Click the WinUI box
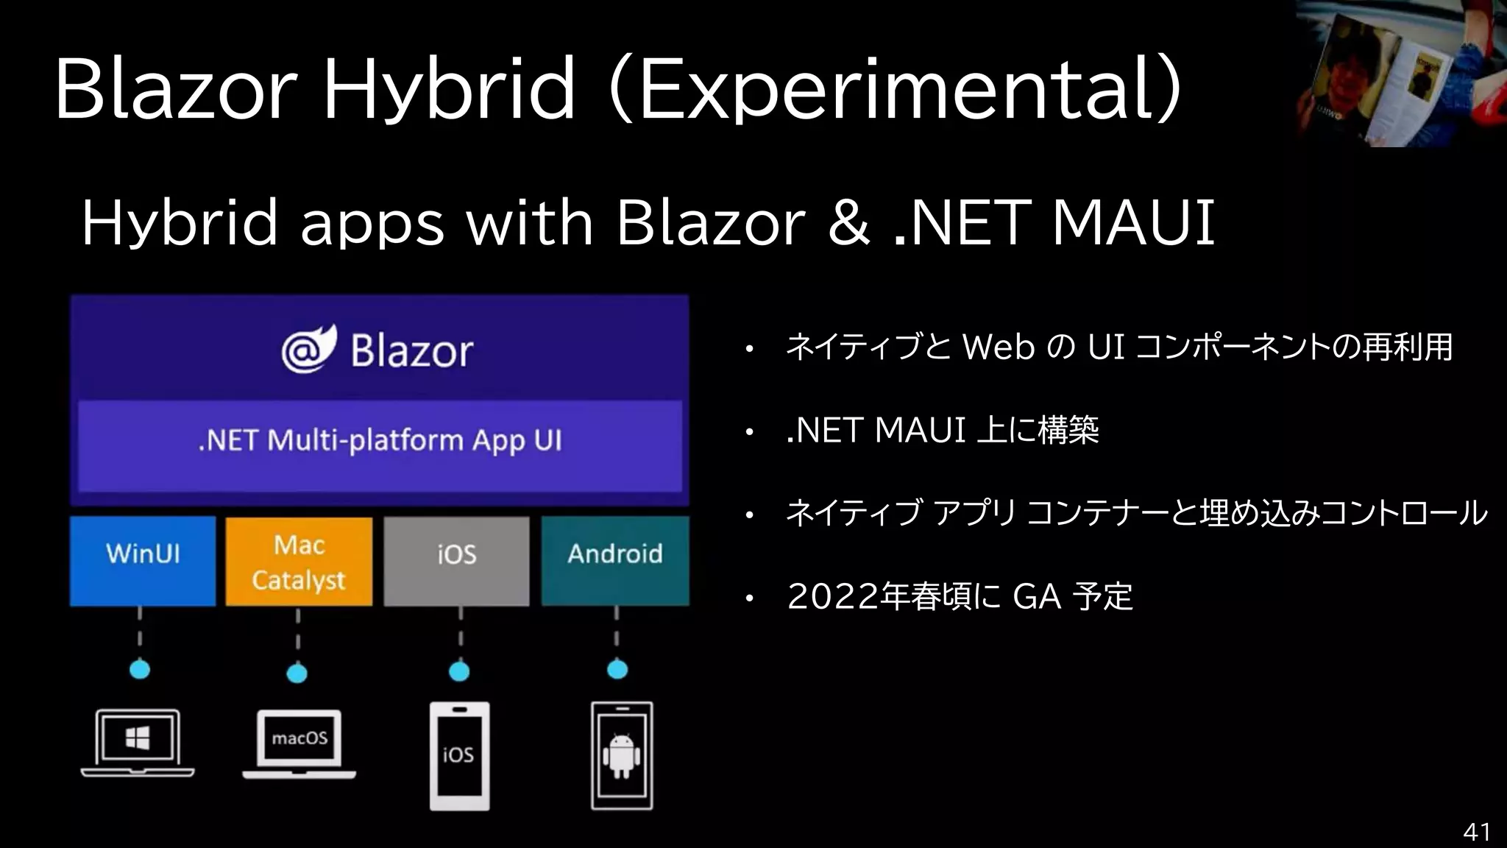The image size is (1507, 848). (x=143, y=561)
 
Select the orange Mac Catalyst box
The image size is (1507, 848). (x=299, y=562)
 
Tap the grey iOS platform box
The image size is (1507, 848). (x=456, y=561)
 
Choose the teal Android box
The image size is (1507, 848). (x=615, y=561)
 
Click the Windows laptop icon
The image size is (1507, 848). (x=138, y=742)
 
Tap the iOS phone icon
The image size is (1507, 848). (x=459, y=755)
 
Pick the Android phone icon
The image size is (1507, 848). (x=622, y=755)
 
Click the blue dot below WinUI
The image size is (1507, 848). (x=140, y=669)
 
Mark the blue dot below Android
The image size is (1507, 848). (x=617, y=669)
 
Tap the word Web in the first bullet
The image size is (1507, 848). (x=999, y=347)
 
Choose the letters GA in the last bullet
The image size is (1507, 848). (x=1037, y=597)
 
